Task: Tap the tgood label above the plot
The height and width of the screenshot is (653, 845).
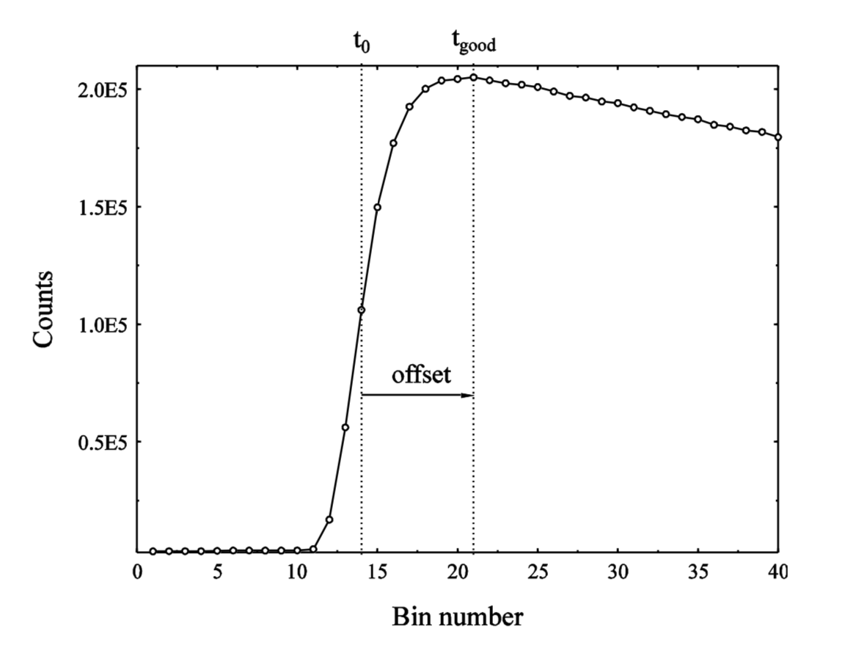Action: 472,44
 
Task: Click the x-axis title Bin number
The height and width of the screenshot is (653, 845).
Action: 458,616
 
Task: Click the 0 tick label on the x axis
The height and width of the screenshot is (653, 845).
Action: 137,572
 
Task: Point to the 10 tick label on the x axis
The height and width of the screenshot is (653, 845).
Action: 297,572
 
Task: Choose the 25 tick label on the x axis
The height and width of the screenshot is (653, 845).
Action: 538,572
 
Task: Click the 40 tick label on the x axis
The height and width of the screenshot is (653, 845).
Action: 778,572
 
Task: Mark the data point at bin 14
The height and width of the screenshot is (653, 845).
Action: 362,310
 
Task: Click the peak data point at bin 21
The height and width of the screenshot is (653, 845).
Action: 474,77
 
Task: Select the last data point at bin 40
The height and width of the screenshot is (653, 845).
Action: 778,137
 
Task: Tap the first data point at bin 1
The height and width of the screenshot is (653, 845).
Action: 153,551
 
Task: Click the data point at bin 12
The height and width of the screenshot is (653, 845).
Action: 329,519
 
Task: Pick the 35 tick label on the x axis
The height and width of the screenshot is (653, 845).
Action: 698,572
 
